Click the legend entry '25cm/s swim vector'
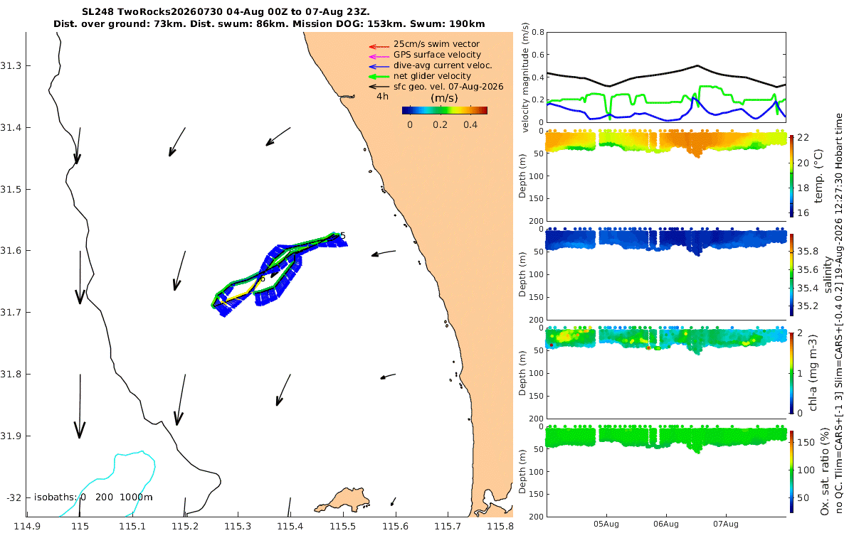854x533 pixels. click(436, 44)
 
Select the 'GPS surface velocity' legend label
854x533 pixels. click(437, 55)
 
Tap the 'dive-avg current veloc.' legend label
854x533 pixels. click(443, 65)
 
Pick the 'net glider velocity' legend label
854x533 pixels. click(432, 76)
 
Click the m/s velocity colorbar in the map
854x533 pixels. click(445, 110)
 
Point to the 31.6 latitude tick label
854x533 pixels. click(10, 250)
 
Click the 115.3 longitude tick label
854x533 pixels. click(238, 527)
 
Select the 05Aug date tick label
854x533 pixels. click(606, 524)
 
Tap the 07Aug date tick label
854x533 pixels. click(725, 524)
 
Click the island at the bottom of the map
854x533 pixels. click(343, 500)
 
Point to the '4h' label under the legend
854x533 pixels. click(382, 97)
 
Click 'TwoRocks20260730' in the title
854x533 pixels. click(169, 12)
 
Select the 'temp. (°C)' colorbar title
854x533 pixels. click(818, 176)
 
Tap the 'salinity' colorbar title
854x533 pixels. click(828, 274)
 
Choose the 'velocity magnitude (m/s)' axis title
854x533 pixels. click(525, 77)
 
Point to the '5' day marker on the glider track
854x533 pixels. click(343, 236)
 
